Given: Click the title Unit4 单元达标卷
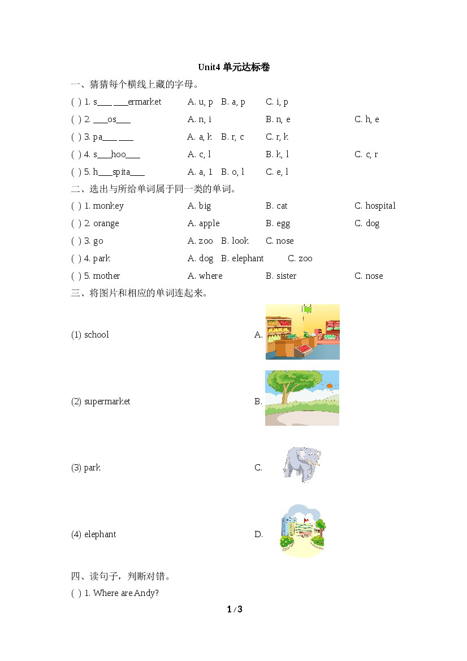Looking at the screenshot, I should click(x=233, y=67).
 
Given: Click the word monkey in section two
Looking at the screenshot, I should click(x=108, y=206).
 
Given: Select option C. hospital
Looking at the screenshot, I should click(x=375, y=206).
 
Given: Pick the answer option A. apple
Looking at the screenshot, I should click(x=204, y=223).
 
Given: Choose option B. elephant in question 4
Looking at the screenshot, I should click(x=242, y=258).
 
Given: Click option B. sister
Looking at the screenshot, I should click(x=281, y=276).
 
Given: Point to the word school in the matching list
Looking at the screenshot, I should click(x=96, y=335).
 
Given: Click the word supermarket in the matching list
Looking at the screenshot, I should click(x=107, y=401).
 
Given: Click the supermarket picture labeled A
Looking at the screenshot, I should click(x=302, y=332).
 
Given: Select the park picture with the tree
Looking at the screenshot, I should click(x=302, y=398).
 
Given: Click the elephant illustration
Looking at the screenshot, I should click(x=301, y=464).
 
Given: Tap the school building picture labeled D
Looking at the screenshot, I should click(x=303, y=531).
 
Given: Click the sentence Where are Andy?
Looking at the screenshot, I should click(x=126, y=593).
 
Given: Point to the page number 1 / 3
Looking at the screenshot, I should click(x=234, y=610).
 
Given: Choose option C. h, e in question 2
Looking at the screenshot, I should click(x=366, y=119).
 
